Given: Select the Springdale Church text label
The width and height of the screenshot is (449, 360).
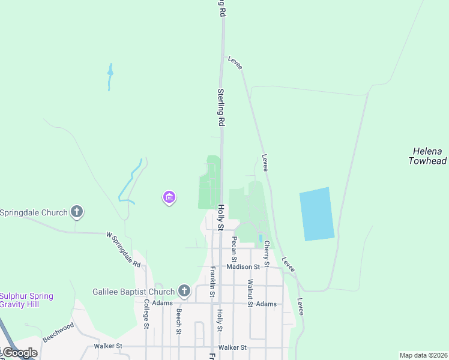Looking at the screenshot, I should (x=33, y=212).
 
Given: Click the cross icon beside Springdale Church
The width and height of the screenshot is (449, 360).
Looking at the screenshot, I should (x=76, y=212).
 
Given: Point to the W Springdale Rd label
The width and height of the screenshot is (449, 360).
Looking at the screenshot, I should (x=123, y=250).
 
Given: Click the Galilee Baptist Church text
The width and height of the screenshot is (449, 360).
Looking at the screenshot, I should (x=133, y=292).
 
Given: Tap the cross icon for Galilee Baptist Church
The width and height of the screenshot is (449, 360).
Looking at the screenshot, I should (x=184, y=292).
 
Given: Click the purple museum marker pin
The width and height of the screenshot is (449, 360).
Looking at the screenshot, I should (x=169, y=197).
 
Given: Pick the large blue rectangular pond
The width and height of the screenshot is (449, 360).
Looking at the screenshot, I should (x=316, y=214).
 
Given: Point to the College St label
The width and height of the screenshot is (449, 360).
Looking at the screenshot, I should (x=146, y=314).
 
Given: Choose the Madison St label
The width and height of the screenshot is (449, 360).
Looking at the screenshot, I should (x=243, y=267).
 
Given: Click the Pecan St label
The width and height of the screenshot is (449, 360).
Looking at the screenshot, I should (x=234, y=248).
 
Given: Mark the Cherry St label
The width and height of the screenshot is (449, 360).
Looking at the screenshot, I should (x=266, y=251).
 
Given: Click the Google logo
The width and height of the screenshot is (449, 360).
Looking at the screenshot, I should (x=20, y=353).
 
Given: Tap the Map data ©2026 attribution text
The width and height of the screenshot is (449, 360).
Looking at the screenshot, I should (x=423, y=355).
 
